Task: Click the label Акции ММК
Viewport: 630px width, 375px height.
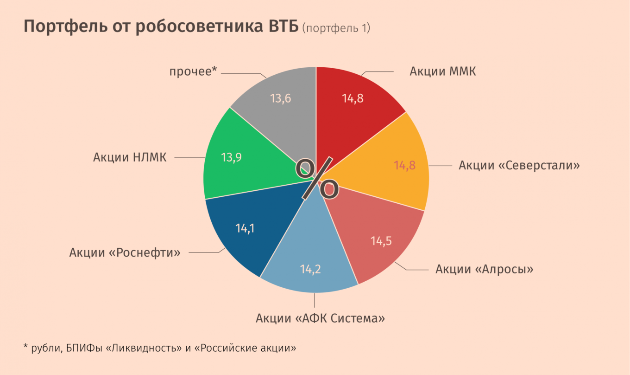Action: [443, 72]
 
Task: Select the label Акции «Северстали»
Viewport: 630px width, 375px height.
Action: [519, 165]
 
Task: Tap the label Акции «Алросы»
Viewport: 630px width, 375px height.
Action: [484, 269]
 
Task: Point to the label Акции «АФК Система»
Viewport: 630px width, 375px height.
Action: [321, 318]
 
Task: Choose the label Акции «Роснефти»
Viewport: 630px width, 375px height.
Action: [125, 252]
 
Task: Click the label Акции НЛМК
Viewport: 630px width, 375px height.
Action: [129, 157]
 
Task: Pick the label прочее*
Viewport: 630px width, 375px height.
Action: [193, 72]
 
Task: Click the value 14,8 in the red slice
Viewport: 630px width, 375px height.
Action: [353, 98]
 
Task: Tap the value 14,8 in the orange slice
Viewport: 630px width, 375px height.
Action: [404, 165]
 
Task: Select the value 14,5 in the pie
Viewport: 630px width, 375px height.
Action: [381, 241]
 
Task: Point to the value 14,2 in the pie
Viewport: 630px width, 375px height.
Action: [310, 269]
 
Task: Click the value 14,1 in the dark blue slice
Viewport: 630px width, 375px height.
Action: [245, 228]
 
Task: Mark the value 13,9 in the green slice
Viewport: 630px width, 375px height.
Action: [231, 157]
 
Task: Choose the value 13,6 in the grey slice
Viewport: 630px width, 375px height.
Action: [280, 98]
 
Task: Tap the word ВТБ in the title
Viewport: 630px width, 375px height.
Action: [283, 27]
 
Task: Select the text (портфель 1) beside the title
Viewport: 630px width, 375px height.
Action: [336, 29]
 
